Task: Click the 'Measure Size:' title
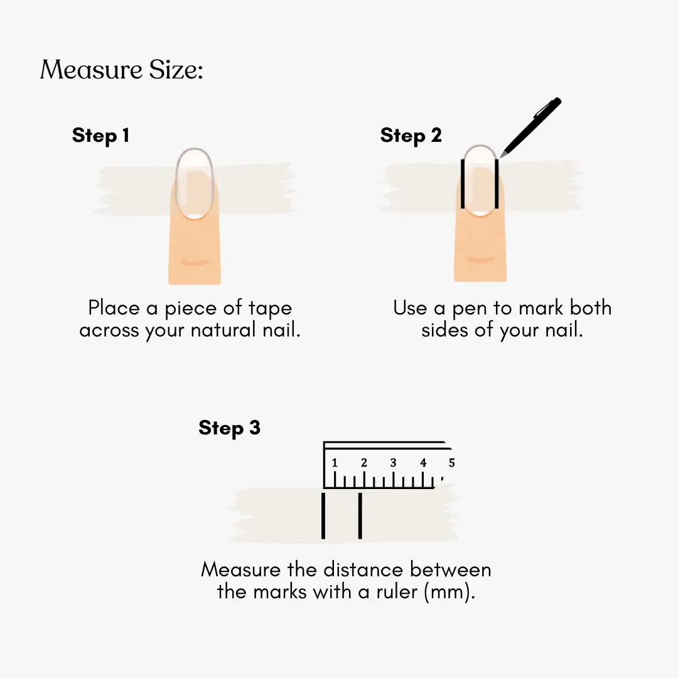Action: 122,70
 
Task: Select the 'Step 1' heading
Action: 100,136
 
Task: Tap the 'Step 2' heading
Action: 411,136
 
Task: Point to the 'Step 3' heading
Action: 229,428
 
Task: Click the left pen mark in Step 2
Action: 463,184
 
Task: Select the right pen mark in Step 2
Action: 497,184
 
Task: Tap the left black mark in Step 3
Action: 323,516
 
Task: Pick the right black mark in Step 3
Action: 360,516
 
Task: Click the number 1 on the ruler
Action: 334,463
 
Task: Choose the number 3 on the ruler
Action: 393,463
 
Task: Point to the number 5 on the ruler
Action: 452,463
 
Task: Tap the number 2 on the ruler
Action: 364,463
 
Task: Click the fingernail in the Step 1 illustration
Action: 195,183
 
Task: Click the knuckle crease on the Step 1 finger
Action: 195,262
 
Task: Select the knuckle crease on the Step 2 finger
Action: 480,260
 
